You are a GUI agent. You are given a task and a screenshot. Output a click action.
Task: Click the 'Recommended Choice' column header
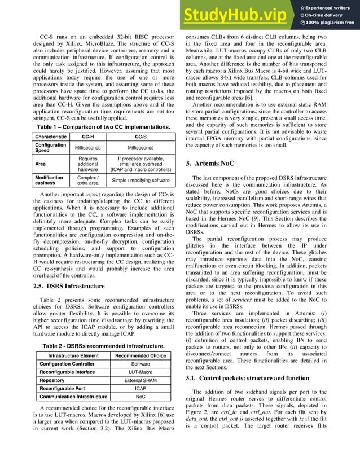click(140, 355)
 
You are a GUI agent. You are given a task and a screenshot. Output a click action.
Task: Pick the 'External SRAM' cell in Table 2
click(140, 381)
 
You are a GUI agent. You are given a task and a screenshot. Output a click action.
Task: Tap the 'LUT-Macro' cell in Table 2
click(140, 372)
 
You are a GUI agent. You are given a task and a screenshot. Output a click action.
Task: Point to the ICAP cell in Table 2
click(140, 389)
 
